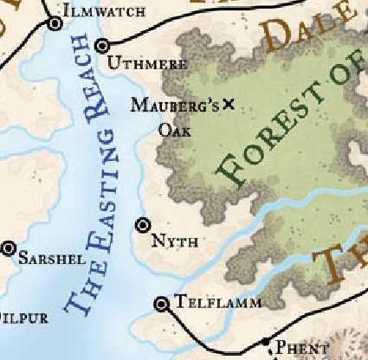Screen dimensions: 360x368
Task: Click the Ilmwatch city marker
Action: point(56,24)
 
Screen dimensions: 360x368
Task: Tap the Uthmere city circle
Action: point(103,46)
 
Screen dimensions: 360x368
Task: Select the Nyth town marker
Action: point(144,225)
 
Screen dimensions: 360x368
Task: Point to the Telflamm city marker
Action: point(161,304)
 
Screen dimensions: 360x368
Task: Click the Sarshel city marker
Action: point(9,249)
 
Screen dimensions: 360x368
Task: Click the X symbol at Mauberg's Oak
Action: point(229,104)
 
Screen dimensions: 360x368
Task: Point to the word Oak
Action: point(174,131)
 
